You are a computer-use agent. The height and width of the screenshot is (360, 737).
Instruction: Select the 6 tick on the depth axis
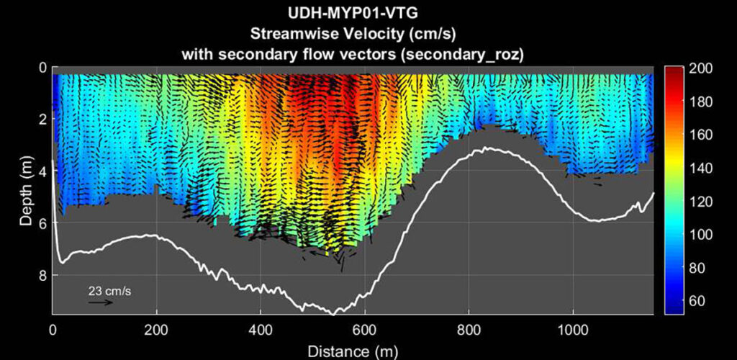(x=42, y=224)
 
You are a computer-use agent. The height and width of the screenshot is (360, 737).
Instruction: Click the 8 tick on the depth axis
(x=42, y=276)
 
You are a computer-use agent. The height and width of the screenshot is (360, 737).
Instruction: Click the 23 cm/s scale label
(x=109, y=292)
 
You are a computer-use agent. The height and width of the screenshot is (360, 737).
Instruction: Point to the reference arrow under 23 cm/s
(x=101, y=302)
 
